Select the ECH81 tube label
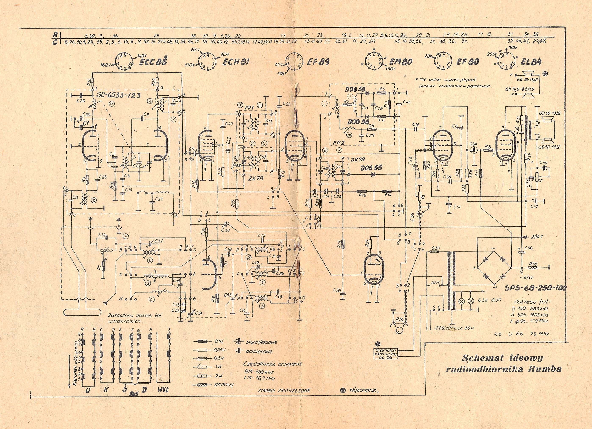click(x=235, y=62)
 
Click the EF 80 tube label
click(x=467, y=62)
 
